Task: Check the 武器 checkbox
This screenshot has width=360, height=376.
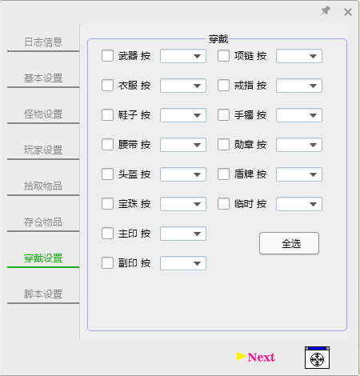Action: tap(107, 56)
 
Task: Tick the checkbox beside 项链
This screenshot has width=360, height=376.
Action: tap(223, 56)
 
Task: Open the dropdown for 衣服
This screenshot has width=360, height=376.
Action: tap(183, 86)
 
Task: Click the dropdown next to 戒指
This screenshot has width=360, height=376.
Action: tap(299, 86)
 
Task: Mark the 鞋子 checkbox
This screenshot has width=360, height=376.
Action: tap(107, 115)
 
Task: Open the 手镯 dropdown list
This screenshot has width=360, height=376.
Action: tap(299, 115)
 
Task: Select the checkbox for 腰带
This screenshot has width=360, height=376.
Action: tap(107, 145)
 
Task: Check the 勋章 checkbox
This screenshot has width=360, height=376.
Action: tap(223, 145)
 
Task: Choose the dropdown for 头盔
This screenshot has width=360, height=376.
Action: tap(183, 174)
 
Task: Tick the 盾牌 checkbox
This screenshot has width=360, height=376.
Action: tap(223, 174)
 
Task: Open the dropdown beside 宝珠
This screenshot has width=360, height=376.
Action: tap(183, 204)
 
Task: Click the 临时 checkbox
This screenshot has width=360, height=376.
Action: tap(223, 204)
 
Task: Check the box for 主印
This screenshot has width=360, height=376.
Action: tap(107, 234)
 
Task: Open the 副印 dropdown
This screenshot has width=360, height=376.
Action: tap(183, 263)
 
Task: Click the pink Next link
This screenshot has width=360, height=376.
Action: tap(261, 358)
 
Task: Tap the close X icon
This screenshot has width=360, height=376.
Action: tap(348, 12)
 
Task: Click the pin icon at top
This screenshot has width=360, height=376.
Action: tap(326, 10)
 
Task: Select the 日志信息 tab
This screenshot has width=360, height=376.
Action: tap(43, 42)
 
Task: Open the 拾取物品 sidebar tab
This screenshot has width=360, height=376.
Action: tap(43, 186)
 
